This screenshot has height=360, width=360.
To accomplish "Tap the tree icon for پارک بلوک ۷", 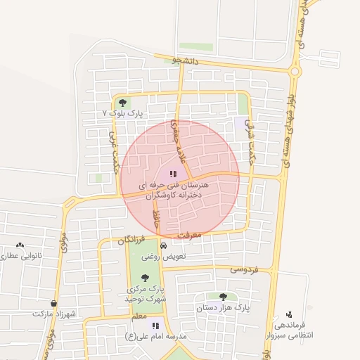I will tap(123, 103).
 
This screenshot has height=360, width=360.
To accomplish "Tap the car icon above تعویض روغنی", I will tap(164, 246).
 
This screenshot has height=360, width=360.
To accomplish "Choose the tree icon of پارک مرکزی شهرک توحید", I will tap(145, 278).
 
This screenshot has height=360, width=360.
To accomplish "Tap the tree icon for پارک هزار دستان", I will tap(223, 297).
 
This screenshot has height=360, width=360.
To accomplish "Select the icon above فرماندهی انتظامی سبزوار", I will tap(289, 314).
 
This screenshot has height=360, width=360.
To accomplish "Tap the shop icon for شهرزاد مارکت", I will tap(53, 304).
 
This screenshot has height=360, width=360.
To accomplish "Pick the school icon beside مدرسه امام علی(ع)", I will tap(155, 326).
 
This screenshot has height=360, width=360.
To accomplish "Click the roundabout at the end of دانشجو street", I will tap(295, 71).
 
